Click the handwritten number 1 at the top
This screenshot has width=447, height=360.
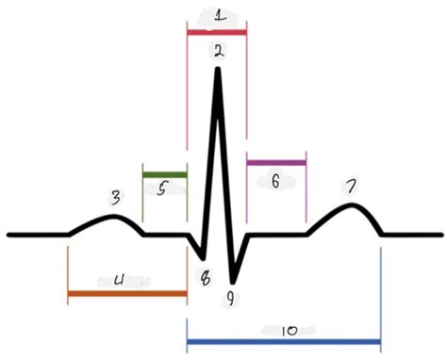219,16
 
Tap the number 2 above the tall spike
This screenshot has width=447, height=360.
219,53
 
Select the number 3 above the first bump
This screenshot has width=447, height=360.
115,198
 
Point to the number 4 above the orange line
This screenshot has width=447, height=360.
119,280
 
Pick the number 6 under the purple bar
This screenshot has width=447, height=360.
275,182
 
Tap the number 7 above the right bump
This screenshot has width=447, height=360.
350,188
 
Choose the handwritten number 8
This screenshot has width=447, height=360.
206,277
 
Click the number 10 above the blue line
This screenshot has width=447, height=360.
289,331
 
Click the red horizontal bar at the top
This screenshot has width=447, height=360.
217,33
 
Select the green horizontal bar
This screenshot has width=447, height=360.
164,174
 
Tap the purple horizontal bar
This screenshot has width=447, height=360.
276,163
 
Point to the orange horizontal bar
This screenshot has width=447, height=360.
127,294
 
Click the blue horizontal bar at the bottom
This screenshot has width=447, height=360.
283,341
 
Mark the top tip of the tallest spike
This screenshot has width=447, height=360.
219,72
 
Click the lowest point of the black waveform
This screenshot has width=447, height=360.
231,281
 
